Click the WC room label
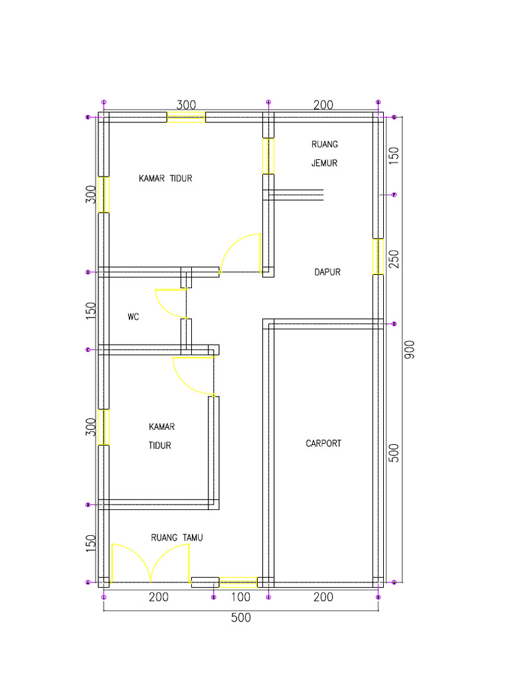click(133, 317)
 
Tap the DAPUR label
click(327, 272)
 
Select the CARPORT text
click(323, 444)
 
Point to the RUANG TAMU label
click(177, 538)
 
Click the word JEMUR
click(325, 163)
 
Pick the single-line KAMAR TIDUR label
click(165, 178)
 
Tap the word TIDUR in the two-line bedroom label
click(160, 446)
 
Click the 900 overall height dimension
click(409, 350)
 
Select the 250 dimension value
click(394, 258)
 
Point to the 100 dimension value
click(241, 598)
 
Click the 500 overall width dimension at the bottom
click(241, 618)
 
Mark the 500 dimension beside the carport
click(394, 454)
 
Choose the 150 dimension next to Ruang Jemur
click(394, 155)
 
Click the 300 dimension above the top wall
click(186, 105)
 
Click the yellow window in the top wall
click(186, 118)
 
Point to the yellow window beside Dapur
click(378, 256)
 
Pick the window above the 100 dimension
click(238, 583)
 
